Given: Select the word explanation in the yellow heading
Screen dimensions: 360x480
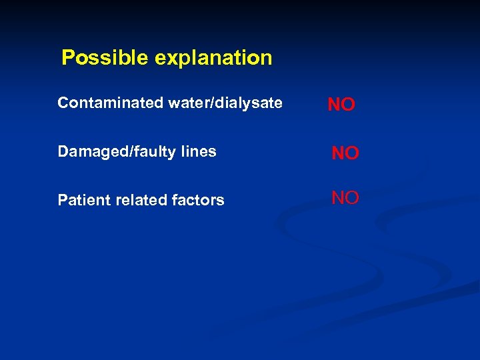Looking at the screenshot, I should click(213, 59).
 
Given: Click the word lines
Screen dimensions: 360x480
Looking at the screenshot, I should click(197, 151).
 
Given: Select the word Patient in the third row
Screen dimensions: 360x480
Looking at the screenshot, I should click(79, 200).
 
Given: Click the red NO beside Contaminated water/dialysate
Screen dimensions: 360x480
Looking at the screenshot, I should click(341, 105).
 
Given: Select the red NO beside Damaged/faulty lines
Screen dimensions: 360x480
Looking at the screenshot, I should click(345, 153).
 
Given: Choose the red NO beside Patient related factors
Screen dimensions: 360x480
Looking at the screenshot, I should click(345, 197).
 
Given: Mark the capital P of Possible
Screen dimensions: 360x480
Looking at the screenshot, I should click(67, 58).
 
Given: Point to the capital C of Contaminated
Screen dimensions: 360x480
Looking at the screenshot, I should click(63, 103).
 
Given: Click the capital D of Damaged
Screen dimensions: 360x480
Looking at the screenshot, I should click(63, 151).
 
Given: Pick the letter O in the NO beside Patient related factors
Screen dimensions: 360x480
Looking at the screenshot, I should click(353, 197).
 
